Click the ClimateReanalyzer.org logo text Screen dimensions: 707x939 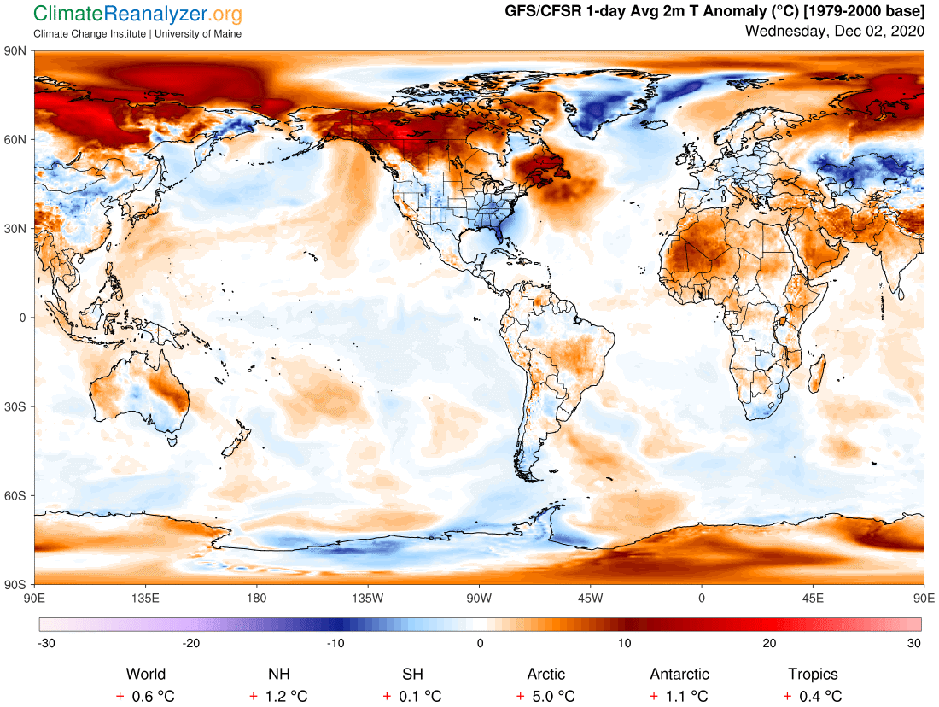point(137,14)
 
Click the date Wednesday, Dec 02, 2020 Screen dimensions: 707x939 point(834,32)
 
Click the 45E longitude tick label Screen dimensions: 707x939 point(812,597)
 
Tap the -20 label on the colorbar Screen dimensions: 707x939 point(186,643)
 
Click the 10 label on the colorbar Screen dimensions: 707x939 point(625,643)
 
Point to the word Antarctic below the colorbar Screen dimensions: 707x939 point(679,675)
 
